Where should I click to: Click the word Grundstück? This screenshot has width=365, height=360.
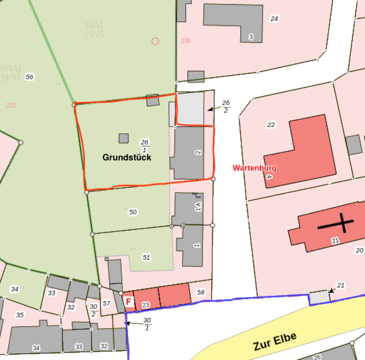coord(127,157)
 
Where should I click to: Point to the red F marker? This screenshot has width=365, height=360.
coord(129,302)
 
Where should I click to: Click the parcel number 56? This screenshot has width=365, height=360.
coord(29,76)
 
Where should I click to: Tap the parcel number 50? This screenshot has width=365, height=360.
coord(133,212)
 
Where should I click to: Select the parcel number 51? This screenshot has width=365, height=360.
coord(146,257)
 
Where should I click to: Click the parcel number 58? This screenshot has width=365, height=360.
coord(201,292)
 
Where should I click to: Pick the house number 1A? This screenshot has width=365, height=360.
coord(199,206)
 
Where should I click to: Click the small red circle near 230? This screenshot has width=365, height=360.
coord(155,41)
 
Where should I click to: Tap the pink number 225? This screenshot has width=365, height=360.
coord(11,105)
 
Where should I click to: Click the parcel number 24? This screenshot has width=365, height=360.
coord(274,18)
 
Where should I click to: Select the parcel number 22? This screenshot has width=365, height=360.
coord(271,124)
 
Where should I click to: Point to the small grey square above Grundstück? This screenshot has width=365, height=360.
coord(123,138)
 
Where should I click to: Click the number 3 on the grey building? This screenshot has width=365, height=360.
coord(251,37)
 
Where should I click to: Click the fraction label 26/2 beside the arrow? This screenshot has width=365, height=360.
coord(226,106)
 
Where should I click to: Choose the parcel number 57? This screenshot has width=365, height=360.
coord(106,303)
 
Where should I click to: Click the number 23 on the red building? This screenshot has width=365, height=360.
coord(146,305)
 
